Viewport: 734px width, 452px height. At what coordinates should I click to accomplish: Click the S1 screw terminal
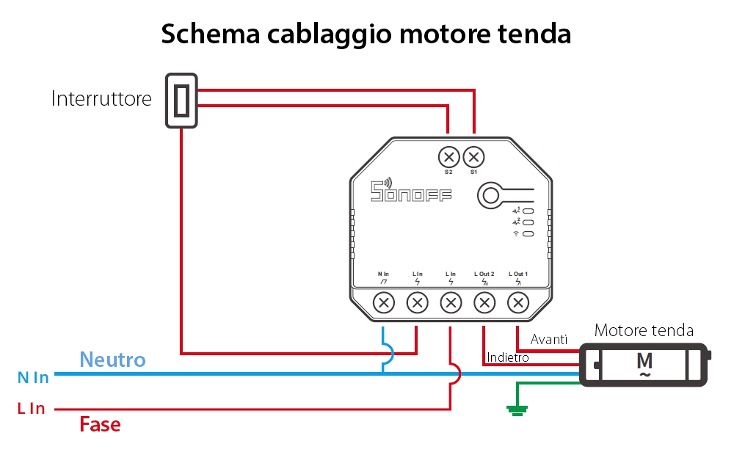point(473,157)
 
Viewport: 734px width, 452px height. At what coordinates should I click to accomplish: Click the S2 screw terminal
point(448,157)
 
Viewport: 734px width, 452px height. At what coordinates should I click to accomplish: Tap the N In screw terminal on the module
point(384,302)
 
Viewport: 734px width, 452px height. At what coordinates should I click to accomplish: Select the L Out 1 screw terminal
point(518,302)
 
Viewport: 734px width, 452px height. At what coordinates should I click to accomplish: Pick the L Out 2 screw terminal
point(484,302)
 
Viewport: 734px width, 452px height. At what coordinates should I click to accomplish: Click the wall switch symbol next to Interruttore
point(181,100)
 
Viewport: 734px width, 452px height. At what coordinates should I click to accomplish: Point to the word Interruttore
point(101,99)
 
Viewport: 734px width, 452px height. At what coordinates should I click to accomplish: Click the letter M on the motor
point(644,361)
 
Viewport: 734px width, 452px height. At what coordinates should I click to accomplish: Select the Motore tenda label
point(644,330)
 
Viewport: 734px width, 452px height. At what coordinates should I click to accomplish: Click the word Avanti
point(549,339)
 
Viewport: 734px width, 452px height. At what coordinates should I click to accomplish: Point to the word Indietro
point(507,357)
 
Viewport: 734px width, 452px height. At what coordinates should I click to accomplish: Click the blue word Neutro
point(112,360)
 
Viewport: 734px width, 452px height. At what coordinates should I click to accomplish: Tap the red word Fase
point(100,424)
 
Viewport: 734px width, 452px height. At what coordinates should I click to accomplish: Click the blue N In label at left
point(32,377)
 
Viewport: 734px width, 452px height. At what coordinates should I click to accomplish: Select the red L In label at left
point(31,409)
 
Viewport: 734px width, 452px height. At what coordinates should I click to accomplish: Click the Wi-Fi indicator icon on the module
point(516,233)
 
